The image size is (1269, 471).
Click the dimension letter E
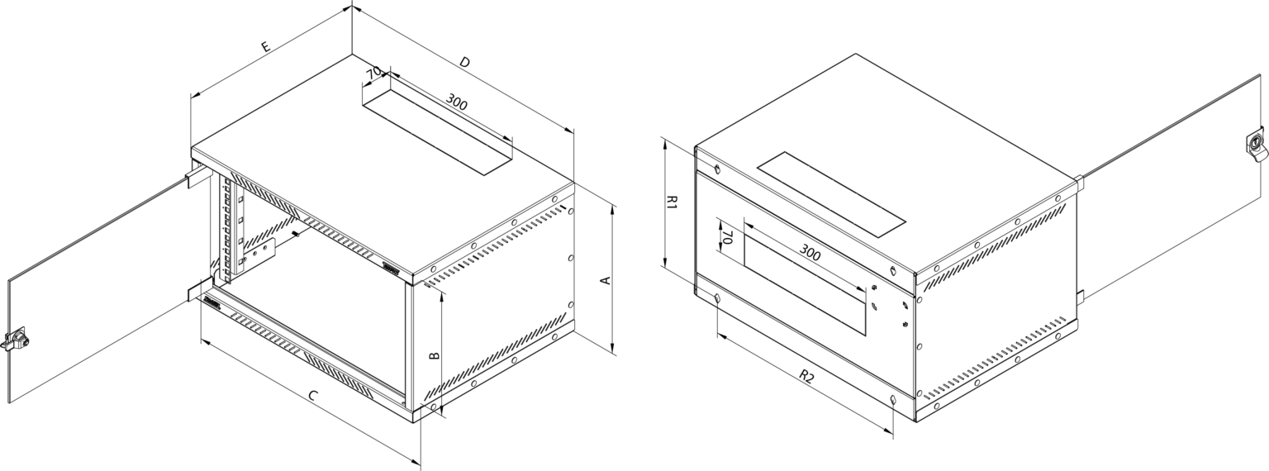coord(265,46)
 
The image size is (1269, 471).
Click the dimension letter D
coord(464,62)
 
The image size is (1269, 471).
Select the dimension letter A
coord(605,280)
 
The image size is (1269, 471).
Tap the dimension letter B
coord(434,356)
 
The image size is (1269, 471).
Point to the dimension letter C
coord(312,396)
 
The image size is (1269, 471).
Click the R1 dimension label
coord(672,203)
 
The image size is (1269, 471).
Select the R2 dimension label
coord(806,376)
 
